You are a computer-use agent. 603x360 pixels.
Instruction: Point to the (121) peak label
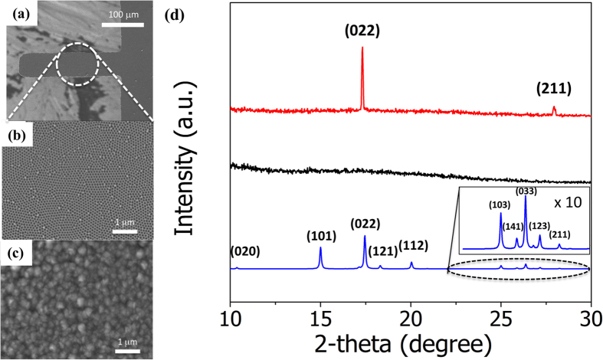[382, 250]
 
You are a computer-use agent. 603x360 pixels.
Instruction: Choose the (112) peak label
[414, 245]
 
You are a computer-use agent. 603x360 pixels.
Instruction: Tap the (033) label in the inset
[526, 191]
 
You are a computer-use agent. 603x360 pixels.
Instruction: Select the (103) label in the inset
[500, 205]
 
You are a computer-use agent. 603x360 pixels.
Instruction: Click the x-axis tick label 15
[320, 316]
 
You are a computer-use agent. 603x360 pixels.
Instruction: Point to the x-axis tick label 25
[500, 316]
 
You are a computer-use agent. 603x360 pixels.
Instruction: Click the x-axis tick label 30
[590, 316]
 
